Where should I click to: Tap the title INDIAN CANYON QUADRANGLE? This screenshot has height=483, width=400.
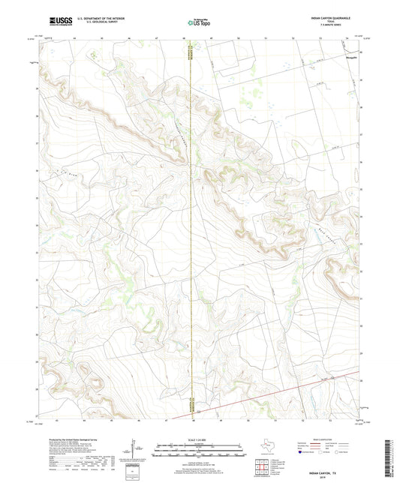[x=329, y=16]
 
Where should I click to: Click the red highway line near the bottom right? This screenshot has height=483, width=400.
[x=315, y=385]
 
